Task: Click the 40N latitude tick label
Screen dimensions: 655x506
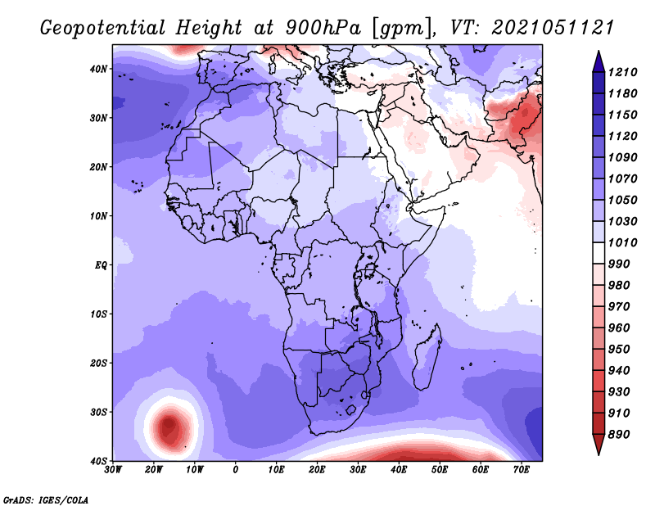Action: tap(98, 69)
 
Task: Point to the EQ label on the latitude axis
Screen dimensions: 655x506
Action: tap(101, 265)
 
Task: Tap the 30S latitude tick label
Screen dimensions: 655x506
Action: tap(98, 413)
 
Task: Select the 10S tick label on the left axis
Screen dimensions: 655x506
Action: tap(98, 314)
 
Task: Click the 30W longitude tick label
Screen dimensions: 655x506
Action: tap(113, 470)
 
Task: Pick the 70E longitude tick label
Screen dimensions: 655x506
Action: tap(521, 470)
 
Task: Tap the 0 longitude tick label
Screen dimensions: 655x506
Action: tap(236, 470)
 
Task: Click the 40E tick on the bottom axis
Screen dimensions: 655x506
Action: tap(399, 470)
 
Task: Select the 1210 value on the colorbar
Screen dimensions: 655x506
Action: tap(622, 72)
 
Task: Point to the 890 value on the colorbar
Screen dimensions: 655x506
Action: tap(618, 435)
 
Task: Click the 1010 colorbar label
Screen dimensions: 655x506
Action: tap(622, 242)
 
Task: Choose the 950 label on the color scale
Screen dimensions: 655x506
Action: tap(618, 350)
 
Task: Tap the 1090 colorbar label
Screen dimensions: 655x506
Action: tap(622, 157)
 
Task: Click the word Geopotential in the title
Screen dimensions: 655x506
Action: tap(103, 29)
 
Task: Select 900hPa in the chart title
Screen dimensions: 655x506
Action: tap(323, 28)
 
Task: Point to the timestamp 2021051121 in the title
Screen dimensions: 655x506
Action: tap(553, 28)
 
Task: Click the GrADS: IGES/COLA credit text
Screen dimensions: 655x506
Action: tap(46, 499)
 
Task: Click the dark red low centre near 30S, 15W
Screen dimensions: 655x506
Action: tap(169, 426)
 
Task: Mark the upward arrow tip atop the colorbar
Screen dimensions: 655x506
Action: tap(599, 52)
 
